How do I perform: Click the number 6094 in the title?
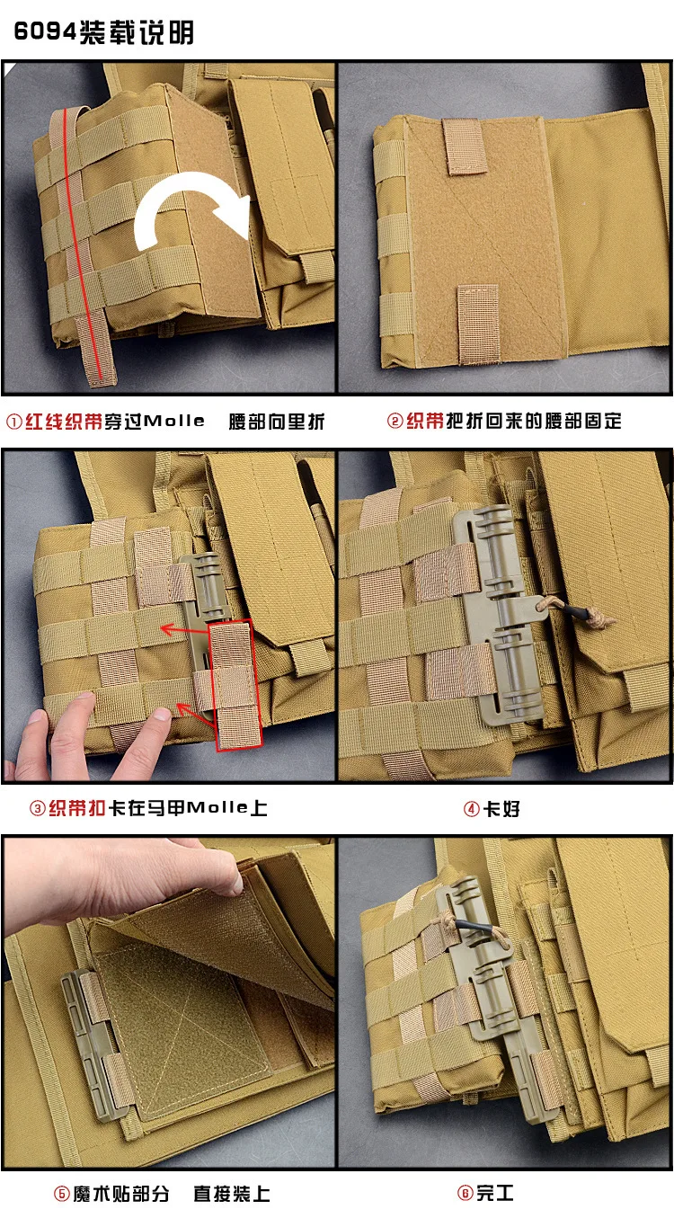(45, 31)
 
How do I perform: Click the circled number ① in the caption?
(14, 422)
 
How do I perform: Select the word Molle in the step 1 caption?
(174, 421)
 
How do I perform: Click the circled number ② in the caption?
(395, 421)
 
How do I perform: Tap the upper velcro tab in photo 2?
(464, 147)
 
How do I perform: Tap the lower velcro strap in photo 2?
(478, 325)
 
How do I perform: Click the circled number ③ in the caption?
(38, 809)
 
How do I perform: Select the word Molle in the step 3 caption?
(217, 808)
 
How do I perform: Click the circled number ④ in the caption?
(471, 809)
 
